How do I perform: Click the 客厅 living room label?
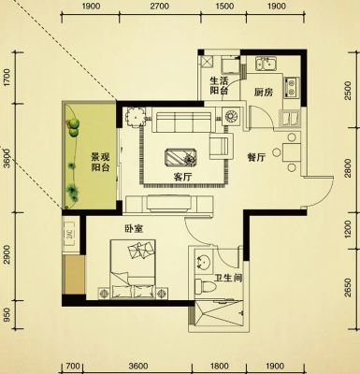(182, 178)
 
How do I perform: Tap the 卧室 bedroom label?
(134, 229)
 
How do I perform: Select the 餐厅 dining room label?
(256, 158)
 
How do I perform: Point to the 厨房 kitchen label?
(264, 93)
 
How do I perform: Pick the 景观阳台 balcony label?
(100, 162)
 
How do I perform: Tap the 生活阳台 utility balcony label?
(219, 86)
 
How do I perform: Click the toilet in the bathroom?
(205, 286)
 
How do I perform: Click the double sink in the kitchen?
(266, 64)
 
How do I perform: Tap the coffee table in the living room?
(180, 157)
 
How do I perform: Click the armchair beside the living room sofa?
(222, 146)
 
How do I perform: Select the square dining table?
(292, 152)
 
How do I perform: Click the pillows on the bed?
(140, 250)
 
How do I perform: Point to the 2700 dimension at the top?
(160, 6)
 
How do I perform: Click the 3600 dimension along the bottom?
(138, 366)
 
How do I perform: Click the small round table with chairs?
(136, 118)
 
